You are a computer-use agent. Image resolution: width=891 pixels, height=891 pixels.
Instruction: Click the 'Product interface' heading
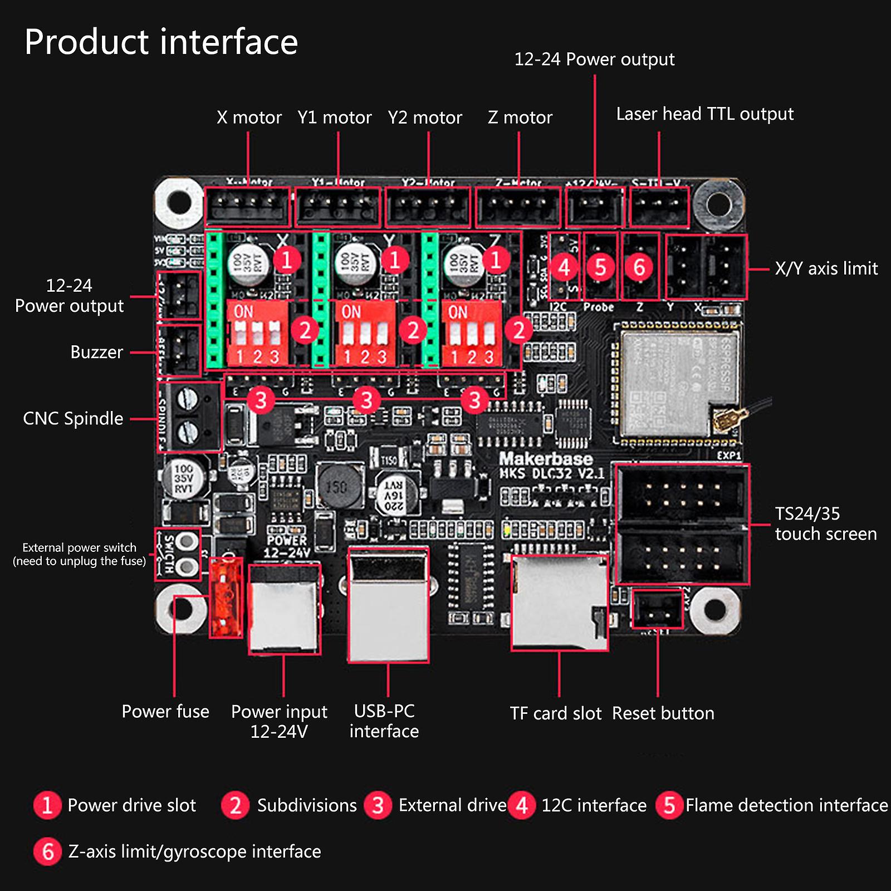(x=161, y=42)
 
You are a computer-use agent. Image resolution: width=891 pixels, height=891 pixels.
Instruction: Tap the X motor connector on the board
(x=248, y=207)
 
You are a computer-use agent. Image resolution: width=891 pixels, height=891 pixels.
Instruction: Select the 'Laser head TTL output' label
(x=704, y=114)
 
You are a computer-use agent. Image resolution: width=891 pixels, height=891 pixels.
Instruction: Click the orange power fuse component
(x=226, y=598)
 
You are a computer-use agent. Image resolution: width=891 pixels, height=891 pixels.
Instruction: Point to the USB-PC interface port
(x=388, y=604)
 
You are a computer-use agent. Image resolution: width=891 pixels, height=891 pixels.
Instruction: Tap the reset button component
(x=658, y=610)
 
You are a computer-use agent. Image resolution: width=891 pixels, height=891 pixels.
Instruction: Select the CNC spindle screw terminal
(x=190, y=417)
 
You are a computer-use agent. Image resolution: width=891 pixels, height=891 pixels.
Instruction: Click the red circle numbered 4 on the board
(x=564, y=267)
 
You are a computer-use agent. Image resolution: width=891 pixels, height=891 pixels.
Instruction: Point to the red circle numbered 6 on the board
(x=639, y=267)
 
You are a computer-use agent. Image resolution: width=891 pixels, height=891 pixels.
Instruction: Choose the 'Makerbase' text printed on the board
(x=545, y=459)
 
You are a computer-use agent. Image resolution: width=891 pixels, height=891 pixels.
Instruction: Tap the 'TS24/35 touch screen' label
(x=825, y=523)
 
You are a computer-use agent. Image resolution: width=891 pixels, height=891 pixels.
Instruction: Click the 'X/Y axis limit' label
(x=826, y=268)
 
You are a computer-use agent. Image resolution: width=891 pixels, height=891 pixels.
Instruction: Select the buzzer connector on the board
(x=179, y=351)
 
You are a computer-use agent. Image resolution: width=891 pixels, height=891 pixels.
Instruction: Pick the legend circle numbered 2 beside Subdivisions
(x=235, y=805)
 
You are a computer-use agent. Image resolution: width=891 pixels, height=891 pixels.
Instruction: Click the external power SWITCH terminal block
(x=178, y=554)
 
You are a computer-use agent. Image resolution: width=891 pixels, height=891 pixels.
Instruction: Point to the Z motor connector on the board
(x=518, y=207)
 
